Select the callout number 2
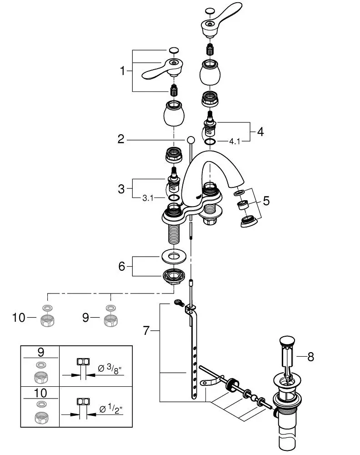click(x=121, y=139)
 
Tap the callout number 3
click(x=121, y=189)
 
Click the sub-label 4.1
click(x=235, y=142)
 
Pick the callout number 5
click(x=266, y=200)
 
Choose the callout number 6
click(x=121, y=266)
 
